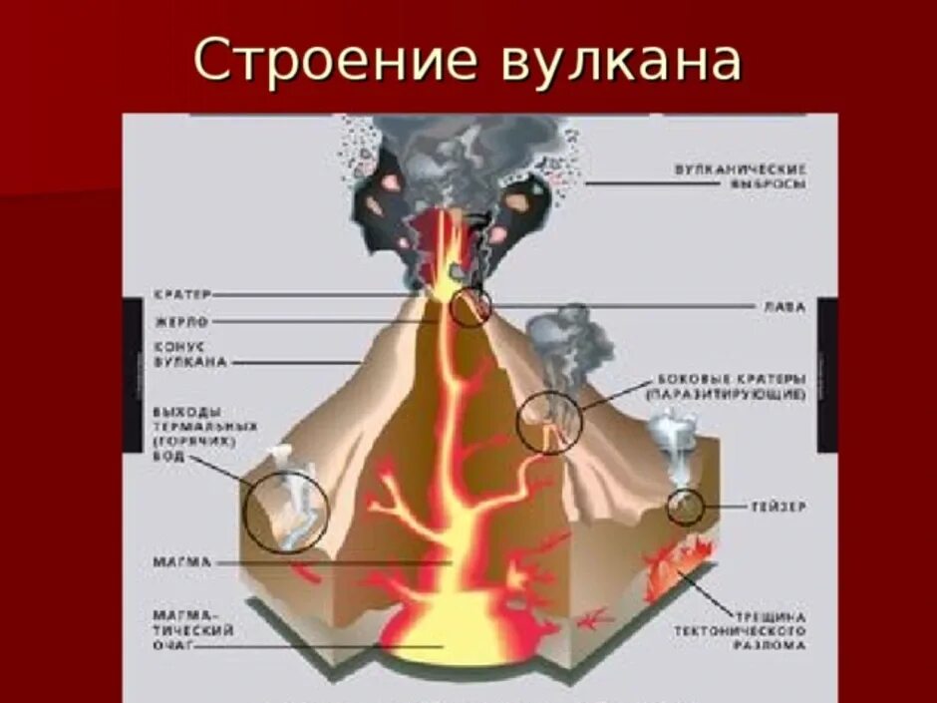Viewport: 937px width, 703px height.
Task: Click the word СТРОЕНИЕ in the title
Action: point(329,62)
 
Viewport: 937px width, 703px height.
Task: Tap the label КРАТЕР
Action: point(182,295)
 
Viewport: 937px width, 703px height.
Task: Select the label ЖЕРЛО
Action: point(180,322)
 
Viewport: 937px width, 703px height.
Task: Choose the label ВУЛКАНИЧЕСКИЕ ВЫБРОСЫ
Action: point(739,176)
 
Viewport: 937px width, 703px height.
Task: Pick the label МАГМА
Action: point(182,562)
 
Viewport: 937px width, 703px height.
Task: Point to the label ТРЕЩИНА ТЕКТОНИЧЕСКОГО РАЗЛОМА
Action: point(739,631)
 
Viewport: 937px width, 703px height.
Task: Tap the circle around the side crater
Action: point(549,422)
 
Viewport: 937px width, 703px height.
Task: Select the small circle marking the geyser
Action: point(685,507)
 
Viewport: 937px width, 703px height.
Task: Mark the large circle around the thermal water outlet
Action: point(287,512)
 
